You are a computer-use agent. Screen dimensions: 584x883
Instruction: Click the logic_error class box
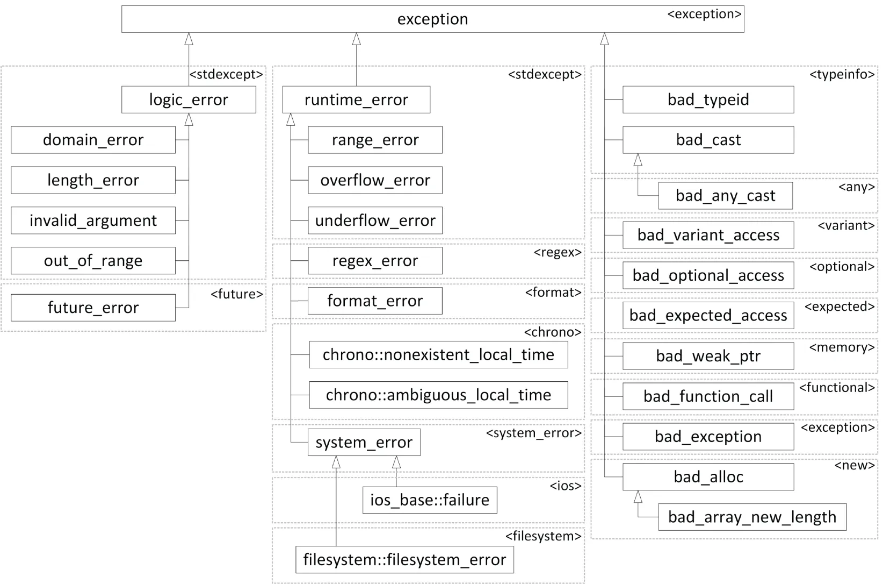tap(189, 99)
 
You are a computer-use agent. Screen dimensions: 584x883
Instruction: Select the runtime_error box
tap(356, 99)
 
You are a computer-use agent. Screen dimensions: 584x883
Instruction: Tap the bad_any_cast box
tap(725, 196)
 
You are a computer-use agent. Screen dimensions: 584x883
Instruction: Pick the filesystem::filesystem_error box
tap(404, 560)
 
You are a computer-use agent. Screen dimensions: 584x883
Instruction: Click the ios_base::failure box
tap(430, 500)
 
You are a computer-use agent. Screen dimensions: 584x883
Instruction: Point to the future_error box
tap(93, 308)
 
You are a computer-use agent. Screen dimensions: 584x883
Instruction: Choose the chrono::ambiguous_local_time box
tap(438, 395)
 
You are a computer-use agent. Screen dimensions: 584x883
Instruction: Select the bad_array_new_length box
tap(752, 517)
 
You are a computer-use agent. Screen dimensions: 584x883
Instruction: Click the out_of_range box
tap(93, 261)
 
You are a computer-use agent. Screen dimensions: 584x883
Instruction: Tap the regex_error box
tap(375, 261)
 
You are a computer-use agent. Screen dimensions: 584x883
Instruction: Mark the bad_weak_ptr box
tap(708, 356)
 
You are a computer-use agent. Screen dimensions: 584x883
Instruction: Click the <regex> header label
tap(558, 253)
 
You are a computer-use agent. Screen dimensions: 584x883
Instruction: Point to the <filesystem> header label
tap(543, 536)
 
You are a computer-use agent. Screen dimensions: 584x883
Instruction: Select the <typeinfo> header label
tap(842, 74)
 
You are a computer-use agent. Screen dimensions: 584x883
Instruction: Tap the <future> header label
tap(236, 294)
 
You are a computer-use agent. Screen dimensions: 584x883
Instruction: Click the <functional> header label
tap(837, 388)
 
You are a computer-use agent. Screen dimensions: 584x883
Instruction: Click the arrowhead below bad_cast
tap(638, 160)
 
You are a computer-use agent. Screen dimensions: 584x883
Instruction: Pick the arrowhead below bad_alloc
tap(638, 496)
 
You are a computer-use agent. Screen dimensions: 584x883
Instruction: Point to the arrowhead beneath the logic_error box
tap(189, 119)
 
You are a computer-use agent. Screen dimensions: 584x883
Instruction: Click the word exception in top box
tap(432, 19)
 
